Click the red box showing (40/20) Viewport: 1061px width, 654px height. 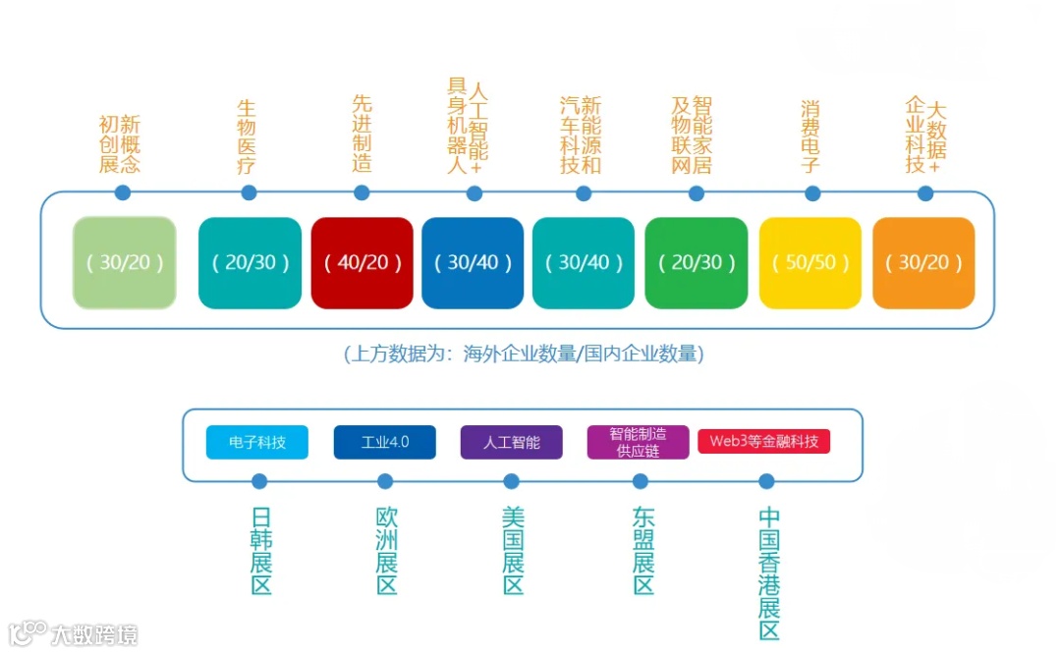[362, 263]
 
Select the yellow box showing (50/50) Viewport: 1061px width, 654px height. [810, 263]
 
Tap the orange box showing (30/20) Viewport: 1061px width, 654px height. [923, 263]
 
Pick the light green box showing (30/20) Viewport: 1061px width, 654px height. [125, 263]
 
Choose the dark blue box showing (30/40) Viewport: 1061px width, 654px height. [473, 263]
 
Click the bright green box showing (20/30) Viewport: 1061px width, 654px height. [697, 263]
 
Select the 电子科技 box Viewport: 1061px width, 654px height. [257, 442]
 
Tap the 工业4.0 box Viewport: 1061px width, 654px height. [385, 442]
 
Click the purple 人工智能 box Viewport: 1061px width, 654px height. [511, 442]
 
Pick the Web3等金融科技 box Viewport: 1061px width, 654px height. [763, 441]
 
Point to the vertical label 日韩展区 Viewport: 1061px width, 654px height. [260, 551]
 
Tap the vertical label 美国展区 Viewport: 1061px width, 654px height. [513, 551]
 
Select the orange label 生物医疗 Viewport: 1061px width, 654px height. [247, 136]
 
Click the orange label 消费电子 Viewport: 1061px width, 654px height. [810, 136]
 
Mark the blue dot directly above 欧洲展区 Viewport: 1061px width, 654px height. [385, 481]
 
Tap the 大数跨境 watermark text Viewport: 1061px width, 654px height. [94, 633]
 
